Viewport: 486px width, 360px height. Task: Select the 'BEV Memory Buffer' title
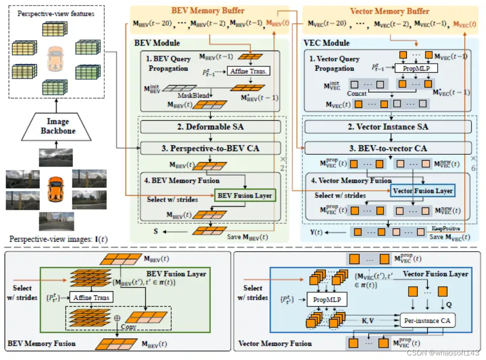[208, 10]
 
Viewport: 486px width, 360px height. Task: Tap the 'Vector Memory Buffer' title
[389, 11]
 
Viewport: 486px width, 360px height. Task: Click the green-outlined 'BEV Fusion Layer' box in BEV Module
[245, 196]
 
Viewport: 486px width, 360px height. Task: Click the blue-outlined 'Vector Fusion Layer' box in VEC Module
[422, 191]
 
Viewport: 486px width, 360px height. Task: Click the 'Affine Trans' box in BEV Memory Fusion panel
[92, 298]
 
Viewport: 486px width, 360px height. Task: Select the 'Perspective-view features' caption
[56, 14]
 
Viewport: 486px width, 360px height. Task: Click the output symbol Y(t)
[316, 232]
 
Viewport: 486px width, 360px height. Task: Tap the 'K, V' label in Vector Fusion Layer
[368, 320]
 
